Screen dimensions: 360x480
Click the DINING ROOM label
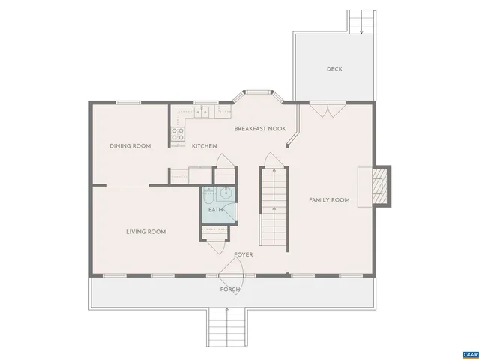tap(130, 145)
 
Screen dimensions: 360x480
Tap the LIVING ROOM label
tap(145, 232)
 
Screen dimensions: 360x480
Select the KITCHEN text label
tap(204, 145)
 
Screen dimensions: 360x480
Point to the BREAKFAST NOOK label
tap(260, 129)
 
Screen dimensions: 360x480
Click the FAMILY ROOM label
tap(330, 199)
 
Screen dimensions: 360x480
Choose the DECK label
tap(334, 69)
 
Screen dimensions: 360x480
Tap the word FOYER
tap(243, 254)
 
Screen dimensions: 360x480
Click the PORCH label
tap(230, 289)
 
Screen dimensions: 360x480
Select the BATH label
tap(215, 210)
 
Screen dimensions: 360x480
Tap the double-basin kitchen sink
tap(202, 112)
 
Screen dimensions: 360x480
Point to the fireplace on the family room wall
tap(380, 185)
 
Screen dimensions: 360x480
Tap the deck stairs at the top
tap(360, 22)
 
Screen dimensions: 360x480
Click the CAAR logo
tap(469, 352)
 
